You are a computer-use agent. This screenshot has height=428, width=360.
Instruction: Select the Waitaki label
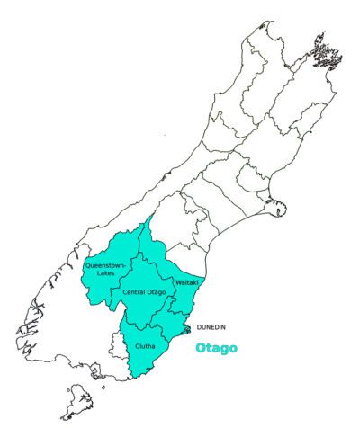[x=185, y=282]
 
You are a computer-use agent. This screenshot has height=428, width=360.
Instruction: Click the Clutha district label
[x=145, y=345]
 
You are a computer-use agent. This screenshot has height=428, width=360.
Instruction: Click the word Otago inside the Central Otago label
[x=155, y=293]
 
